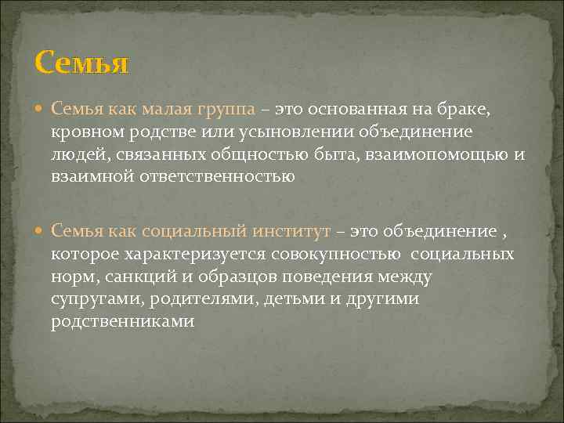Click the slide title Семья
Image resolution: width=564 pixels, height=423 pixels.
pos(81,62)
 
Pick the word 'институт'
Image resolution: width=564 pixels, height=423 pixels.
pos(293,232)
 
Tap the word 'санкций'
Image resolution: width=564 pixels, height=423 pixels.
pos(128,277)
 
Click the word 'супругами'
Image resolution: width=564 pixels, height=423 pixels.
pos(89,300)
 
